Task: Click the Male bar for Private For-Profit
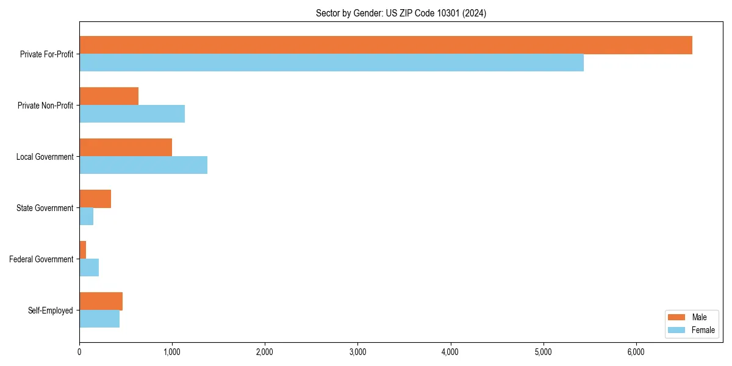click(386, 45)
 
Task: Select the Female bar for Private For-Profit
click(331, 63)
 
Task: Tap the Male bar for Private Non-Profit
click(109, 96)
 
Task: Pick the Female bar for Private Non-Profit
click(132, 114)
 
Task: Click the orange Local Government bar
click(126, 148)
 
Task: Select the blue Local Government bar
click(143, 165)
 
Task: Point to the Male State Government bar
click(95, 199)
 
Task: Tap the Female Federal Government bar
click(89, 268)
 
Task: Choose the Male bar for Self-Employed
click(101, 301)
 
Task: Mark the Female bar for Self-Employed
click(99, 319)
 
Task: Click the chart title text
click(401, 13)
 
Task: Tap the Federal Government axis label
click(41, 259)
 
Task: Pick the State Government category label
click(45, 208)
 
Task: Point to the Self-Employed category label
click(51, 310)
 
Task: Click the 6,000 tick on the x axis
click(636, 352)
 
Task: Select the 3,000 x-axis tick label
click(357, 352)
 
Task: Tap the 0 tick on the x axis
click(79, 352)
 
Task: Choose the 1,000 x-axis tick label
click(172, 352)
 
